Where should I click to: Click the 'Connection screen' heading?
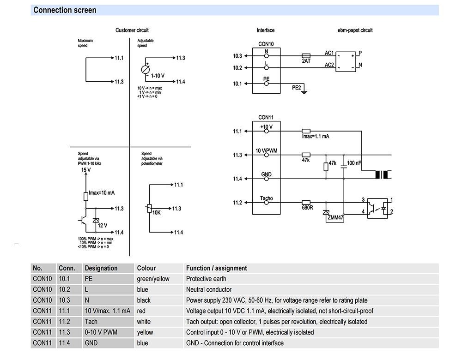pos(65,10)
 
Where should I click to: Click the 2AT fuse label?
pos(306,61)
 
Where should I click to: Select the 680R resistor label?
pos(307,208)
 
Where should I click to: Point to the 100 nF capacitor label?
pos(354,163)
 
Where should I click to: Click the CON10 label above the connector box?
pos(266,44)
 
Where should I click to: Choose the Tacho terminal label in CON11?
pos(266,198)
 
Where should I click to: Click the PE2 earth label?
pos(297,87)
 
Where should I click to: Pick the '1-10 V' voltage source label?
pos(158,75)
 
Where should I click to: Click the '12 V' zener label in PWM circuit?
pos(103,225)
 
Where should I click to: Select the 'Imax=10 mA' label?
pos(101,193)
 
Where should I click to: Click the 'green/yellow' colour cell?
pos(153,279)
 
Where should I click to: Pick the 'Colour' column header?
pos(146,268)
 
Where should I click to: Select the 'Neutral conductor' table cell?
pos(208,289)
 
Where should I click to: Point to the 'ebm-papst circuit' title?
pos(355,30)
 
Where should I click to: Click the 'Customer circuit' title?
pos(132,30)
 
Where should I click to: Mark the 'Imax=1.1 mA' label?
pos(315,137)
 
